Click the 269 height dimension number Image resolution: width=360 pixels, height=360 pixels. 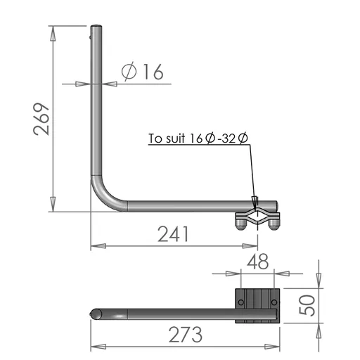(x=41, y=119)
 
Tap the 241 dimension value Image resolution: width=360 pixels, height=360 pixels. (x=173, y=234)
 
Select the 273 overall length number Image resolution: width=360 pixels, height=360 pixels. (x=186, y=335)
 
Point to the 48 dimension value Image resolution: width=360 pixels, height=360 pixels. (x=257, y=262)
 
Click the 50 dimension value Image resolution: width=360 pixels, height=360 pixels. (x=307, y=305)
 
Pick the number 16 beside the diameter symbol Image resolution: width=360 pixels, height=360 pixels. (x=153, y=71)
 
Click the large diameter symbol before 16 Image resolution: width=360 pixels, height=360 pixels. (x=129, y=71)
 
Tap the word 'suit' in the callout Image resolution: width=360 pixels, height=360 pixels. (x=176, y=139)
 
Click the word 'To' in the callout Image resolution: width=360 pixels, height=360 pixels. (x=155, y=139)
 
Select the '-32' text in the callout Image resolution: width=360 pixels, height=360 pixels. (x=226, y=139)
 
